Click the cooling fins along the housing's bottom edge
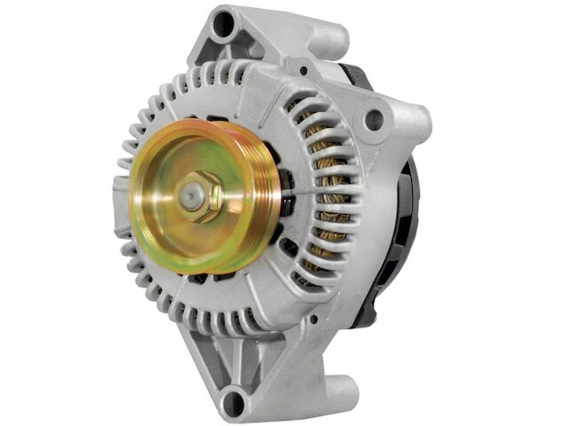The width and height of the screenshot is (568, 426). click(x=213, y=311)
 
